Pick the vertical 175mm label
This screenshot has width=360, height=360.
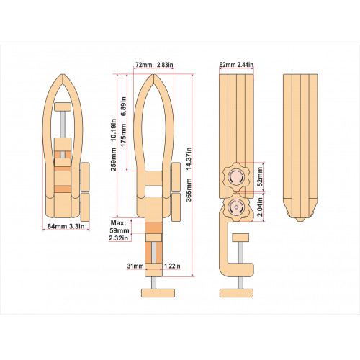point(123,135)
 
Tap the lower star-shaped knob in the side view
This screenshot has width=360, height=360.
point(235,207)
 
